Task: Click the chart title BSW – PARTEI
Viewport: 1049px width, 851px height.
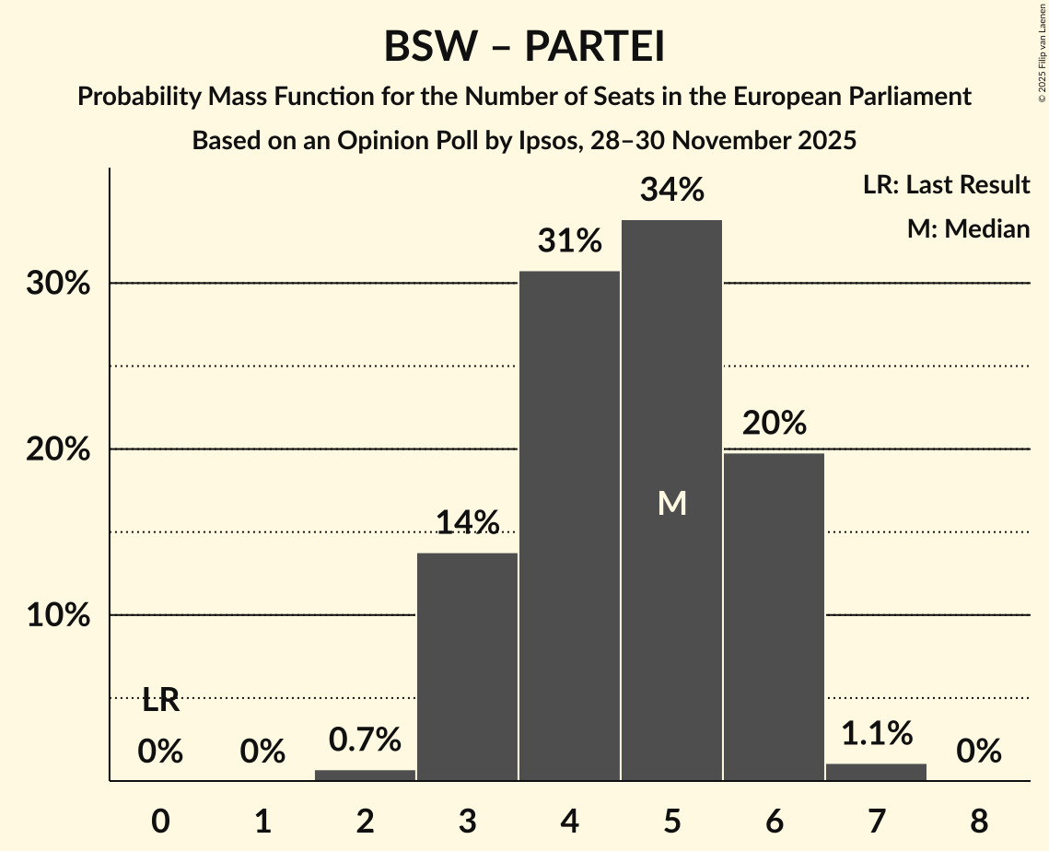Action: tap(524, 47)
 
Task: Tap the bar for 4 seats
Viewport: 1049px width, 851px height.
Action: tap(569, 525)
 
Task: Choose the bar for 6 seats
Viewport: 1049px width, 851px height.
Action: tap(774, 616)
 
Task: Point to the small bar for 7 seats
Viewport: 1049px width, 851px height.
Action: tap(876, 772)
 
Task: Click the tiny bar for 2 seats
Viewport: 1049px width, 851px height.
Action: tap(365, 775)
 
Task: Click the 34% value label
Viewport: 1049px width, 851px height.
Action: tap(671, 191)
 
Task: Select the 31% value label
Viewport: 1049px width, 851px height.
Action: tap(569, 241)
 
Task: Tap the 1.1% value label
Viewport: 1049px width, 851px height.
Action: tap(876, 734)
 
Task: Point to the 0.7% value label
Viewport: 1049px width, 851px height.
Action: tap(365, 740)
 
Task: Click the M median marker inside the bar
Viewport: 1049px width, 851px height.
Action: tap(671, 503)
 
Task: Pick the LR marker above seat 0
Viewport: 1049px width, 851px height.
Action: tap(160, 700)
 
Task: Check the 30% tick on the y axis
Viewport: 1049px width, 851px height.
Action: tap(58, 284)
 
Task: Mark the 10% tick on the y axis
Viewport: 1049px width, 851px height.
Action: tap(58, 615)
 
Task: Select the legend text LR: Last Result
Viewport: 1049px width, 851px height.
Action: tap(946, 185)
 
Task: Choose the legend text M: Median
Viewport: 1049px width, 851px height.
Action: tap(968, 228)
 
